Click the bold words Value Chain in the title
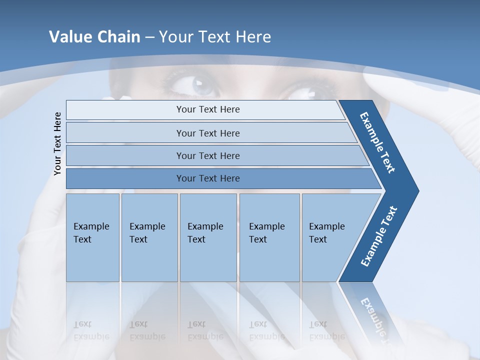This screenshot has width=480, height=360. [x=94, y=37]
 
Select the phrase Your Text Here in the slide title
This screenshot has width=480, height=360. [x=215, y=37]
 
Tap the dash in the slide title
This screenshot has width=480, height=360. [x=149, y=37]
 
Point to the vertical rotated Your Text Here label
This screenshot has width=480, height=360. [x=57, y=143]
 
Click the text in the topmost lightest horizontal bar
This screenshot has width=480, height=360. [x=208, y=109]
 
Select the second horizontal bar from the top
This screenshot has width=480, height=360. [x=208, y=133]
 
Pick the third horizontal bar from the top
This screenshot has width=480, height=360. [x=208, y=155]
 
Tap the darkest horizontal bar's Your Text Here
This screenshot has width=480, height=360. [x=208, y=178]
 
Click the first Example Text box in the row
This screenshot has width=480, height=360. [x=92, y=237]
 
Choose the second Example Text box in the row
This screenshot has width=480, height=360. [x=149, y=237]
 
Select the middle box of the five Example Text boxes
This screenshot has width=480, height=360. [x=208, y=237]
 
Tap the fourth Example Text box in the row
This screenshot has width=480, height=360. [x=269, y=237]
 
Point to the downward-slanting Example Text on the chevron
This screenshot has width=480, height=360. [x=378, y=142]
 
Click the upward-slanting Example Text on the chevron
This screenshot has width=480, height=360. [x=379, y=236]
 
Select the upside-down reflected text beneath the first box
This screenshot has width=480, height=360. [x=91, y=330]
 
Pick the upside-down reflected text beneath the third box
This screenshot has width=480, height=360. [x=205, y=330]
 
